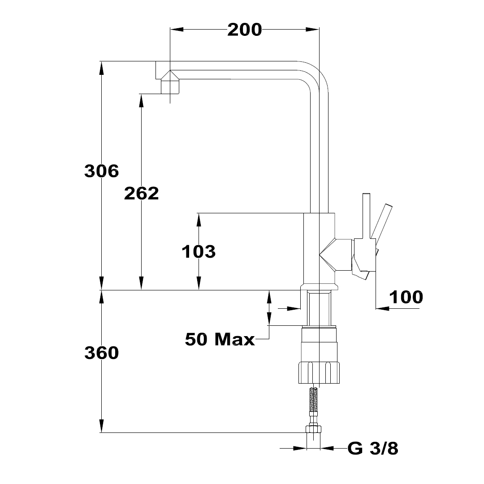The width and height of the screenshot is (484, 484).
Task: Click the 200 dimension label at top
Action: [245, 30]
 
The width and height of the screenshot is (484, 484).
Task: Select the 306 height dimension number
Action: [102, 171]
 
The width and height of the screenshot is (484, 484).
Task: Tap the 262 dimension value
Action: [141, 194]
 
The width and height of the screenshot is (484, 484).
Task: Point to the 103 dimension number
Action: [199, 251]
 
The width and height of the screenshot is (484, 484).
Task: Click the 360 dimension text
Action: [102, 353]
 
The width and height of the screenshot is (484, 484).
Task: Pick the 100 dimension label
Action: [406, 297]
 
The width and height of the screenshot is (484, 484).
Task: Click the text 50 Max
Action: [220, 339]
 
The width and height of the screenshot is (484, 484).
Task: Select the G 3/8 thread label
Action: [373, 448]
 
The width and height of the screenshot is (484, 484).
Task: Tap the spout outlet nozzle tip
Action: [170, 86]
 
